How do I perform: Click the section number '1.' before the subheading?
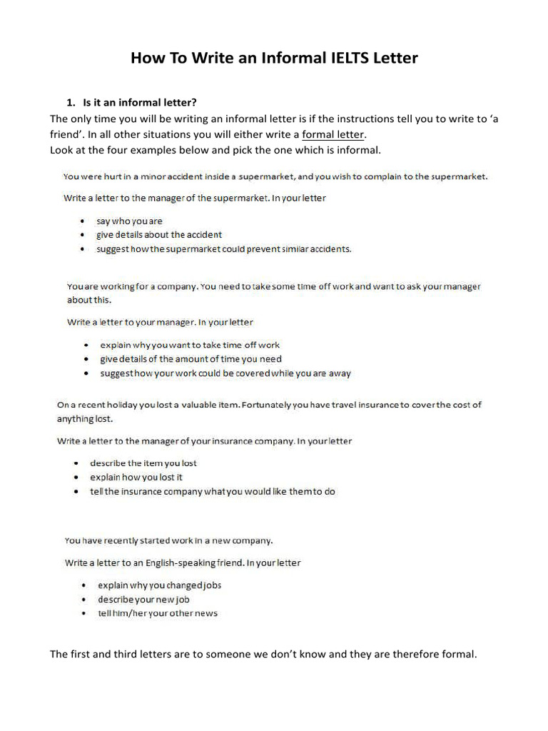71,104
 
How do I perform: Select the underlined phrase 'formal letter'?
333,134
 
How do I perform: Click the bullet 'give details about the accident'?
159,234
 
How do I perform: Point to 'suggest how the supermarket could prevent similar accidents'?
224,249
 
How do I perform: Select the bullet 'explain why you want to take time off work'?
190,345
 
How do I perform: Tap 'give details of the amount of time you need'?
191,359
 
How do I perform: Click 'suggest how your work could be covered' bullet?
225,373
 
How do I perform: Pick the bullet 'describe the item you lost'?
143,463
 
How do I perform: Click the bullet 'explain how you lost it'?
136,477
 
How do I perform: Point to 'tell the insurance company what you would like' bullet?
212,491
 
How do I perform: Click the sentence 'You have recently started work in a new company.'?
168,540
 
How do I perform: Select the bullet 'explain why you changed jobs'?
159,585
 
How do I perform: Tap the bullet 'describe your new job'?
143,599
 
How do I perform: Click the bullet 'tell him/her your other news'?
157,613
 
